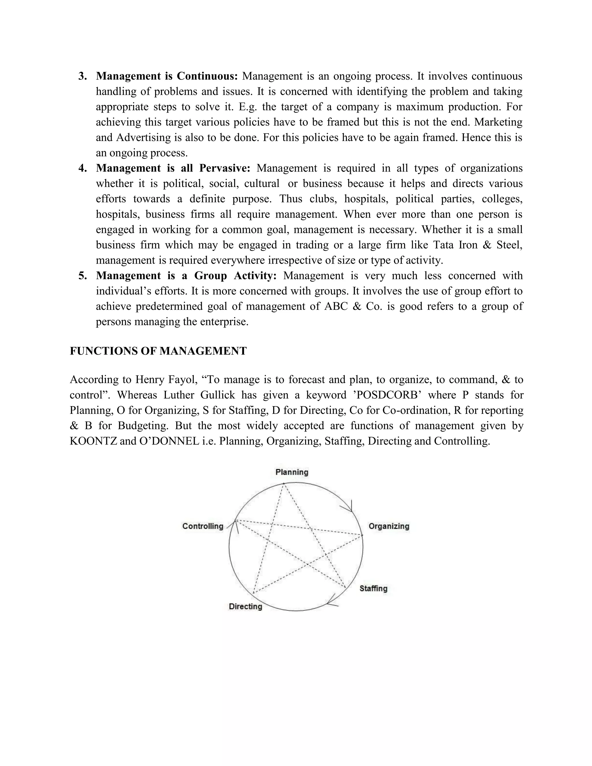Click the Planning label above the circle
292,472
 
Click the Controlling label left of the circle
203,526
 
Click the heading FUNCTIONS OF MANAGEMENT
158,351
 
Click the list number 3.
82,76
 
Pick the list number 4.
82,168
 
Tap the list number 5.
82,276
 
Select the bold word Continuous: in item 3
207,76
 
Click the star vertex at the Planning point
283,484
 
